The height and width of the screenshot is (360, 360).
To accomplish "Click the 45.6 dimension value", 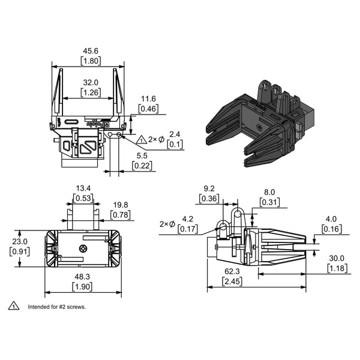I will coord(91,51).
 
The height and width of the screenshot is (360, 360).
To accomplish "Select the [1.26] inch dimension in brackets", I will coord(91,92).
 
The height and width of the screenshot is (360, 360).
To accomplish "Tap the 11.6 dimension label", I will coord(148,99).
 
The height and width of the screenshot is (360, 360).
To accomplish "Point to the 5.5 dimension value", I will coord(142,155).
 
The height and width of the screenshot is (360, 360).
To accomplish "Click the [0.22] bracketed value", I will coord(142,165).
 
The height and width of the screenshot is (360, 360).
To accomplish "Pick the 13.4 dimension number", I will coord(83,188).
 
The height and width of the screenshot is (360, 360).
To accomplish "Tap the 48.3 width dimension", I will coord(82,277).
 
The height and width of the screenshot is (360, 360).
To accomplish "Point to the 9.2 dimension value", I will coord(209,188).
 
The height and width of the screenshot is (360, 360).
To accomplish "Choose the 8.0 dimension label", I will coord(271,193).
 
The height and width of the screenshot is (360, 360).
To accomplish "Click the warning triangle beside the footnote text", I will coord(13,307).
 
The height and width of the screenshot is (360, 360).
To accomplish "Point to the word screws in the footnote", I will coord(77,307).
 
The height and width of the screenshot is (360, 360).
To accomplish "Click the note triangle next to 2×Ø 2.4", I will coord(142,139).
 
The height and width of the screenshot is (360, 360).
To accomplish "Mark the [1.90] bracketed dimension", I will coord(82,287).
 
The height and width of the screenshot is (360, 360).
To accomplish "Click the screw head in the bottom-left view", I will coord(83,248).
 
